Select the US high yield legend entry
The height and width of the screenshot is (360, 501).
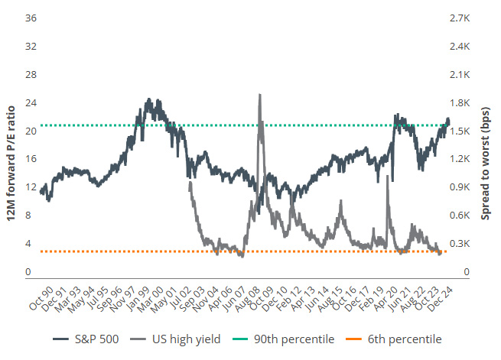pos(181,339)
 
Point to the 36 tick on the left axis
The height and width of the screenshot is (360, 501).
pos(31,18)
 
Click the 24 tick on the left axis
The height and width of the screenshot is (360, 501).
pos(31,102)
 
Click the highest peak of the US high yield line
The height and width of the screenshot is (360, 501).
pos(260,96)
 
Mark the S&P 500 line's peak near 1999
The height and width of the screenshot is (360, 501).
pos(148,100)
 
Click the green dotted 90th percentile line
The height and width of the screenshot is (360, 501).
pos(229,125)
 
